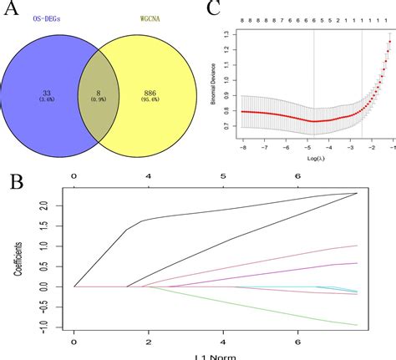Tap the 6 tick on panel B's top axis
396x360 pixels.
point(297,175)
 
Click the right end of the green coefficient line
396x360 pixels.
point(358,325)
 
